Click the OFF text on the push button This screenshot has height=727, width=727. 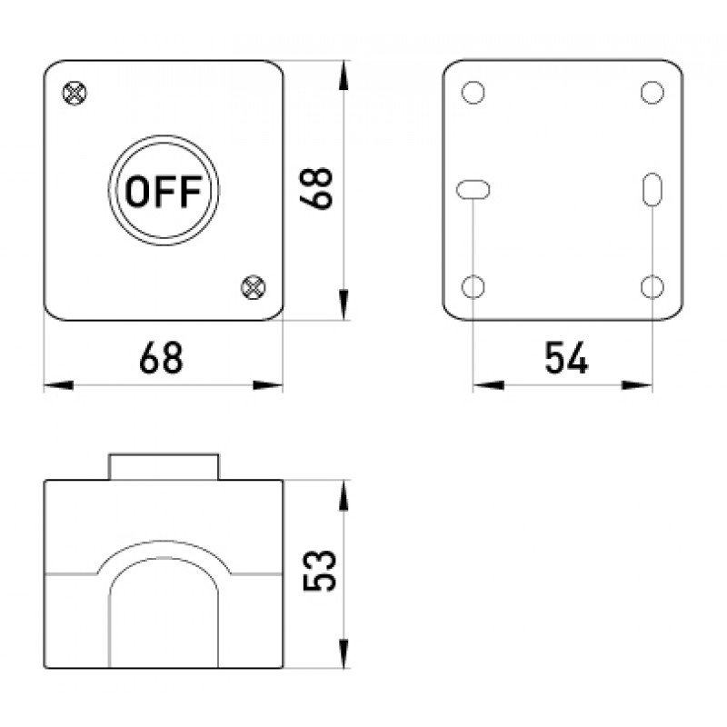[164, 191]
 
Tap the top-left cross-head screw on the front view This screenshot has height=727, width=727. [75, 94]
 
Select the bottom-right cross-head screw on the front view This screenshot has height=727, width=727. [254, 287]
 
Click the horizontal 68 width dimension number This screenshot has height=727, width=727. [162, 357]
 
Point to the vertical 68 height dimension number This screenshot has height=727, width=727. [316, 189]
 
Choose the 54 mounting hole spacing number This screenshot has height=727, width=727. [566, 357]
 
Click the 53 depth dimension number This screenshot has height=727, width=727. [319, 571]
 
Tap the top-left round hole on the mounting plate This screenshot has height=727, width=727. [473, 92]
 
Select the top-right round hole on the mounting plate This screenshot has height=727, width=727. [652, 92]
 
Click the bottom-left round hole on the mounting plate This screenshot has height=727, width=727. [473, 286]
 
